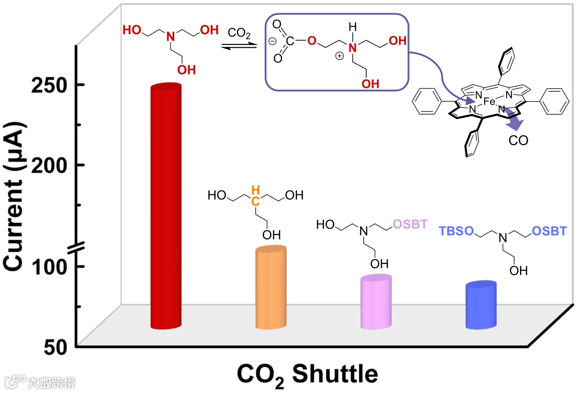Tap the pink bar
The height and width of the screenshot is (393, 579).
coord(377,303)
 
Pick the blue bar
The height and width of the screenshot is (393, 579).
coord(481,305)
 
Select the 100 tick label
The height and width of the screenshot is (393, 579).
coord(54,266)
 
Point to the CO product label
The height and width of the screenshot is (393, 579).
coord(518,141)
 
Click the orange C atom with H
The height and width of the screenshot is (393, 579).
coord(256,201)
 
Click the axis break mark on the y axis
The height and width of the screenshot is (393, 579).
coord(77,247)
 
